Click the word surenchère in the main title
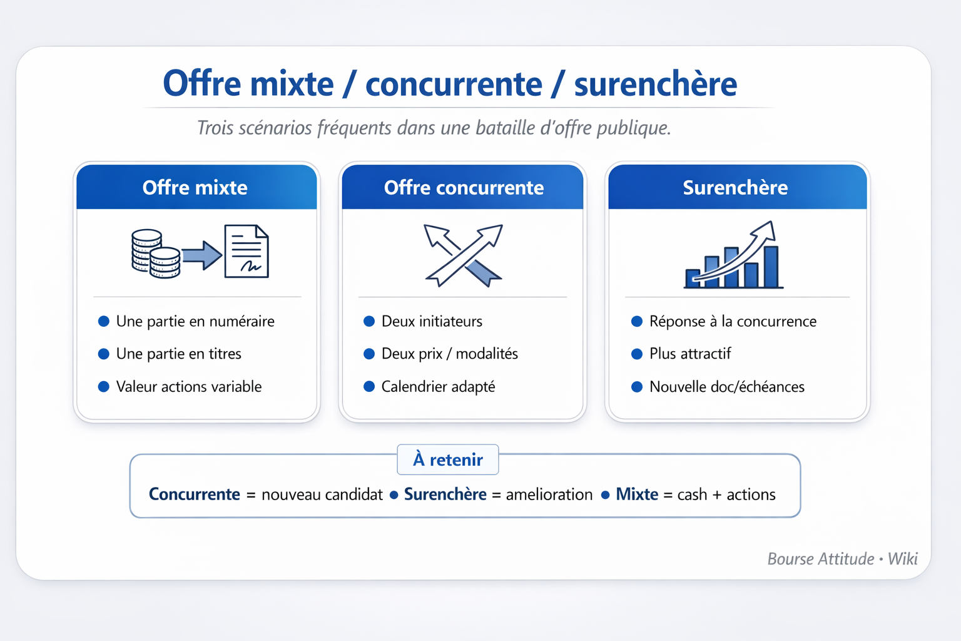pos(656,84)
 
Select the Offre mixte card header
pos(196,187)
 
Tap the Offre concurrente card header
pos(462,187)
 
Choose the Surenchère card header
pos(738,187)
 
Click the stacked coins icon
pos(156,254)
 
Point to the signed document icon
pos(247,251)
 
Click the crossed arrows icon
pos(464,255)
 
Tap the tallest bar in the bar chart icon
pos(771,267)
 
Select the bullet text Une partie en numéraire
pos(195,321)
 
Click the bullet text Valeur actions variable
pos(189,386)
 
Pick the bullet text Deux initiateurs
pos(432,321)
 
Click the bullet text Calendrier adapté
pos(438,386)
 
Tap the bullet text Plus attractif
pos(690,353)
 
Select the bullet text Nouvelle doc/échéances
pos(727,386)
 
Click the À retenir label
pos(448,460)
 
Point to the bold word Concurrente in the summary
pos(195,494)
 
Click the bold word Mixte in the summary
pos(637,494)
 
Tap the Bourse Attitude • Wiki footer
pos(842,558)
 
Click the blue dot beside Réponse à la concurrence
pos(637,321)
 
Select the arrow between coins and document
pos(201,255)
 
